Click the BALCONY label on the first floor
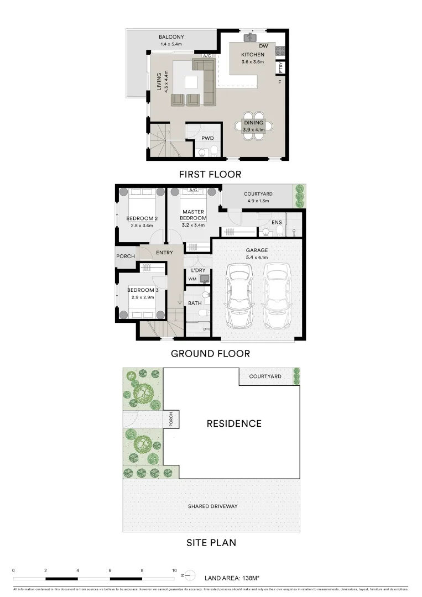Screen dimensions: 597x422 click(x=171, y=37)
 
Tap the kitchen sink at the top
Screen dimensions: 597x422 click(x=251, y=38)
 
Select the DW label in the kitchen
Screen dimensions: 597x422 click(x=263, y=46)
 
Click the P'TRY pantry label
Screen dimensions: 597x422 click(x=281, y=68)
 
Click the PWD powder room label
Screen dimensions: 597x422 click(x=207, y=139)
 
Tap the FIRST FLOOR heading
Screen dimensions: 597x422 click(x=210, y=174)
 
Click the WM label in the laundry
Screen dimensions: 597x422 click(x=192, y=279)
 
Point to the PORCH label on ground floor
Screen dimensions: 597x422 click(x=125, y=256)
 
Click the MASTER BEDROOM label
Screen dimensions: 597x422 click(x=193, y=215)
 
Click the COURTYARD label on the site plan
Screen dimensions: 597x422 click(x=265, y=376)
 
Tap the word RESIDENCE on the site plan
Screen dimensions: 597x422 click(x=234, y=424)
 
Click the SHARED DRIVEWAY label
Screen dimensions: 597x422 click(x=212, y=506)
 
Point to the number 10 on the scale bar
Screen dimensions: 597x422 click(x=174, y=570)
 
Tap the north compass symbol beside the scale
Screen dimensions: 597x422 click(x=189, y=575)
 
